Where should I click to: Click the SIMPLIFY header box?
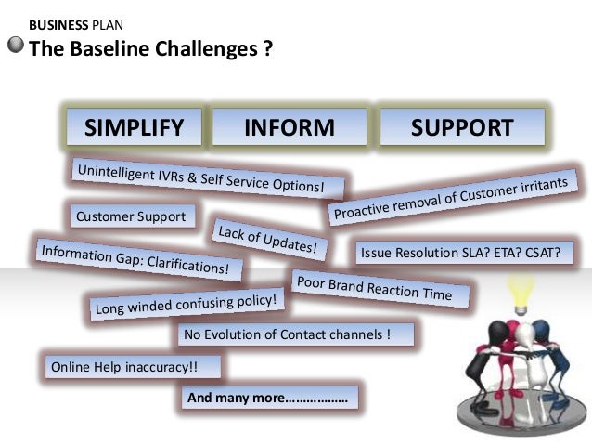click(x=135, y=128)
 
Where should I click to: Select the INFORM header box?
click(x=289, y=128)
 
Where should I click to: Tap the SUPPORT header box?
click(x=461, y=128)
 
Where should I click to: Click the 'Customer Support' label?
click(x=131, y=217)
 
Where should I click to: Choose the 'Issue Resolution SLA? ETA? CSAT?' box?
click(x=460, y=251)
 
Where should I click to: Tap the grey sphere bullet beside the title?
click(x=16, y=46)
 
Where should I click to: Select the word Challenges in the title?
click(x=199, y=47)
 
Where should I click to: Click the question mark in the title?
click(x=267, y=47)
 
